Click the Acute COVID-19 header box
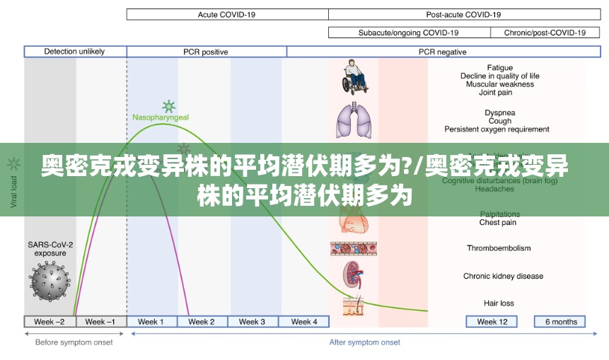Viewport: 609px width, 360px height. (x=227, y=14)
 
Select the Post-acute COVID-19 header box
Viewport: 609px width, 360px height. (x=463, y=14)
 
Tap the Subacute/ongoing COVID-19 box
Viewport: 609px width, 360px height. (x=408, y=33)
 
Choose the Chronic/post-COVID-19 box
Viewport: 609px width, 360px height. (x=544, y=33)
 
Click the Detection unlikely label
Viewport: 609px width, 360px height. (x=74, y=52)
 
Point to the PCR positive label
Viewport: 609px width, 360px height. (x=206, y=52)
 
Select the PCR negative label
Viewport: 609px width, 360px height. (x=442, y=52)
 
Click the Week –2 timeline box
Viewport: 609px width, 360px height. (x=50, y=322)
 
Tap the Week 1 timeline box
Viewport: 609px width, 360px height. (x=151, y=322)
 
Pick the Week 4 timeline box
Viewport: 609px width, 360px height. (x=303, y=322)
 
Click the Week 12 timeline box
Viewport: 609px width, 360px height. (x=492, y=322)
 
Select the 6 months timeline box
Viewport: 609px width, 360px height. (x=560, y=322)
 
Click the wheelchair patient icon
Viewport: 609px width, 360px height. (x=354, y=77)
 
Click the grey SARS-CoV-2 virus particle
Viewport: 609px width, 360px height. (x=50, y=280)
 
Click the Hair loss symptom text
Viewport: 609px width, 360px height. (x=499, y=303)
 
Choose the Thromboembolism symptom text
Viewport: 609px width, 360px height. (x=498, y=248)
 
